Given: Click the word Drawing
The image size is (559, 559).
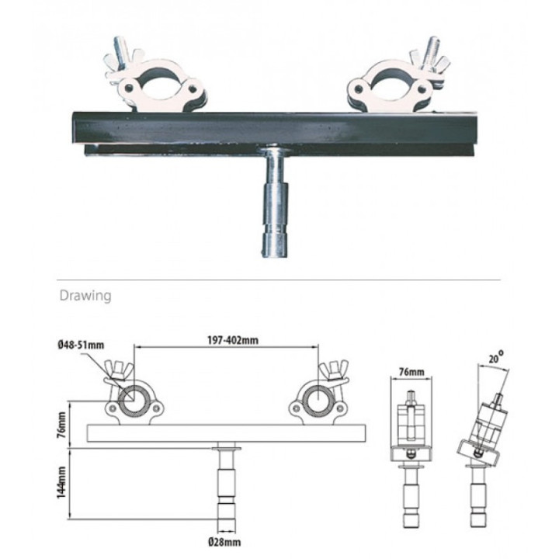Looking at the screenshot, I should point(85,295).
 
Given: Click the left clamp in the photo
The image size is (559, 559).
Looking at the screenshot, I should point(155,84).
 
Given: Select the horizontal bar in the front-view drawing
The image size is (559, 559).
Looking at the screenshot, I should point(225,432).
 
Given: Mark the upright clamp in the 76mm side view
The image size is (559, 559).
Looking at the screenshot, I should point(408,423).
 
